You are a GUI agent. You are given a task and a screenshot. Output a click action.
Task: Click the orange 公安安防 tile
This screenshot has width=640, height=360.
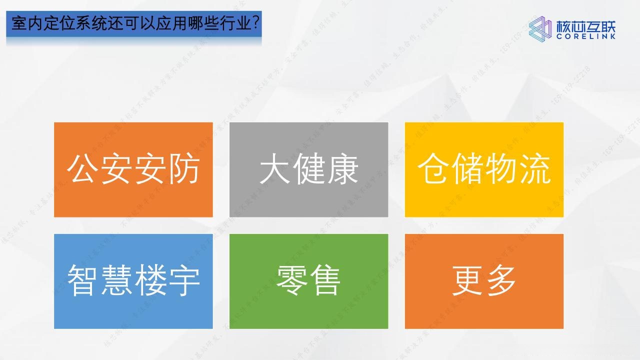click(x=133, y=169)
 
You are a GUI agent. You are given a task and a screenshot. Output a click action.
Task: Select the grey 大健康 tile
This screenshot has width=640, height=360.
click(x=308, y=169)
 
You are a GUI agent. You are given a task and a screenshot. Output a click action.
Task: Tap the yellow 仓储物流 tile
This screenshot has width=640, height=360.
click(x=484, y=169)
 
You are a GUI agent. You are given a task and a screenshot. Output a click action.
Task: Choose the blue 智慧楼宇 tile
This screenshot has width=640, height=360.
click(x=133, y=281)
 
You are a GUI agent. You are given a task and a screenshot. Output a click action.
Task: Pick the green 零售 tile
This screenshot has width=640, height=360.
click(x=308, y=281)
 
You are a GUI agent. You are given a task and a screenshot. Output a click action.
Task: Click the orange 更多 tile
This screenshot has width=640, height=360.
click(x=484, y=281)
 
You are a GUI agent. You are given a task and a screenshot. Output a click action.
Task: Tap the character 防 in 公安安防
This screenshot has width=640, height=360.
click(x=183, y=169)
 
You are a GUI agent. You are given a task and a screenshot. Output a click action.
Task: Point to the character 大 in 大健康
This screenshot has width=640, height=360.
click(x=275, y=169)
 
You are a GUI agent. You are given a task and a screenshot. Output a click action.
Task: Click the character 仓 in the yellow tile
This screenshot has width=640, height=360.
click(x=433, y=169)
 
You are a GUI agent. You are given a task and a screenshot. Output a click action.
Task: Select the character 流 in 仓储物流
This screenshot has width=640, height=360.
click(x=534, y=169)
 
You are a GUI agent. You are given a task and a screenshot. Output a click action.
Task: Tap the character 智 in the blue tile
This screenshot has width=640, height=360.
click(x=83, y=281)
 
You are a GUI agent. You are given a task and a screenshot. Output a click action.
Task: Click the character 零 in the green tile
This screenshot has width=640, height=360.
click(x=291, y=281)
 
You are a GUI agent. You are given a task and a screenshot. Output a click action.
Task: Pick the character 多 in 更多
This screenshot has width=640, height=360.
click(x=501, y=281)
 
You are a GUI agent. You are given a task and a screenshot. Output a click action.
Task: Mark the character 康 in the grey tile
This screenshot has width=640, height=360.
click(x=342, y=169)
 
